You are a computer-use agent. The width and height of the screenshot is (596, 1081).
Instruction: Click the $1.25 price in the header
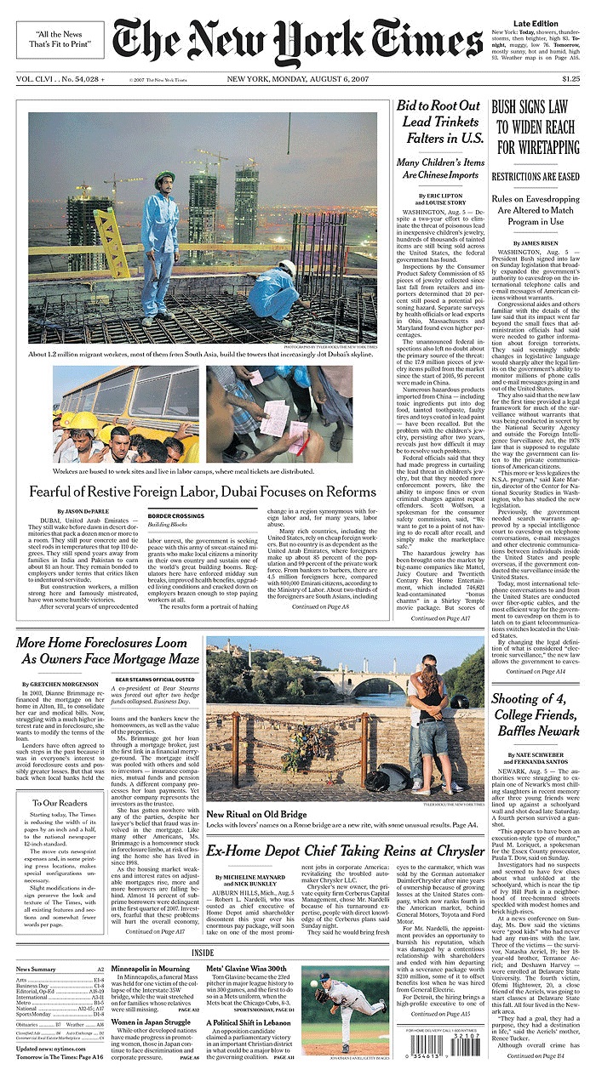[570, 80]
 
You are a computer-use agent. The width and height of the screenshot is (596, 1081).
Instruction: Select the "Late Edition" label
[536, 24]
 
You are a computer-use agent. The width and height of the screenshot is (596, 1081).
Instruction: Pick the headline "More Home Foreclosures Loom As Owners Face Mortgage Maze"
[107, 651]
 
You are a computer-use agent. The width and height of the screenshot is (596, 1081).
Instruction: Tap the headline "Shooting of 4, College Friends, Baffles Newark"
[535, 714]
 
